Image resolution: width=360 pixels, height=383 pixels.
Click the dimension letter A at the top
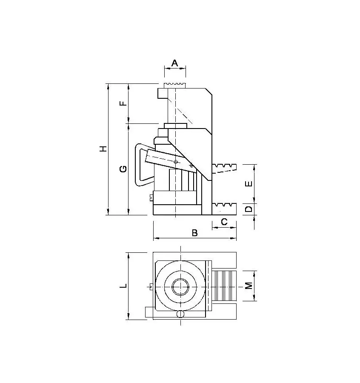coord(174,63)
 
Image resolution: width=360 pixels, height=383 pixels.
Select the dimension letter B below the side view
coord(194,233)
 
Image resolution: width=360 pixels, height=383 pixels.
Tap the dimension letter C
coord(224,222)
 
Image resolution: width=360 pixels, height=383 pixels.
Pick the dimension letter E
coord(249,184)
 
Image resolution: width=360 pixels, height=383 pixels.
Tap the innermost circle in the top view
coord(180,287)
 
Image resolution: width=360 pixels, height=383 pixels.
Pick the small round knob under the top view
coord(180,314)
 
